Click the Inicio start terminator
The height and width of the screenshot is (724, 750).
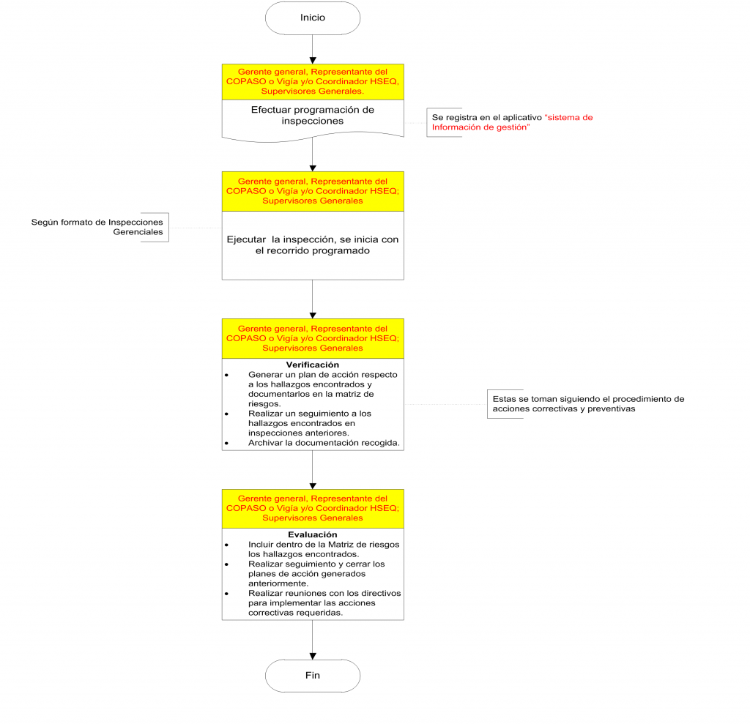coord(313,18)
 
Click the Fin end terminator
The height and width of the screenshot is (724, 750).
coord(313,676)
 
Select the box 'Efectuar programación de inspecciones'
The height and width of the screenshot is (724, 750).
coord(313,116)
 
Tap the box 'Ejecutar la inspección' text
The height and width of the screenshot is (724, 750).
coord(313,245)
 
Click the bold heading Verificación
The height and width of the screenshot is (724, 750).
coord(313,365)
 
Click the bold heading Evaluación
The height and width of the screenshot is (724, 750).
coord(313,534)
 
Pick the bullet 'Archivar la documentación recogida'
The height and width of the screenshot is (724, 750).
coord(322,443)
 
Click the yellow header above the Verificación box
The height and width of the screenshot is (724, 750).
coord(313,338)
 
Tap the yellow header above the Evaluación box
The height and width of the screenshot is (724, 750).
coord(313,508)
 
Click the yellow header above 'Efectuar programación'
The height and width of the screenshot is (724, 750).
coord(313,82)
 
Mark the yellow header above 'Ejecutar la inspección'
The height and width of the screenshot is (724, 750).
coord(313,191)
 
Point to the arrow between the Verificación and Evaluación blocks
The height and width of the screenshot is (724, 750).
coord(313,469)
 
